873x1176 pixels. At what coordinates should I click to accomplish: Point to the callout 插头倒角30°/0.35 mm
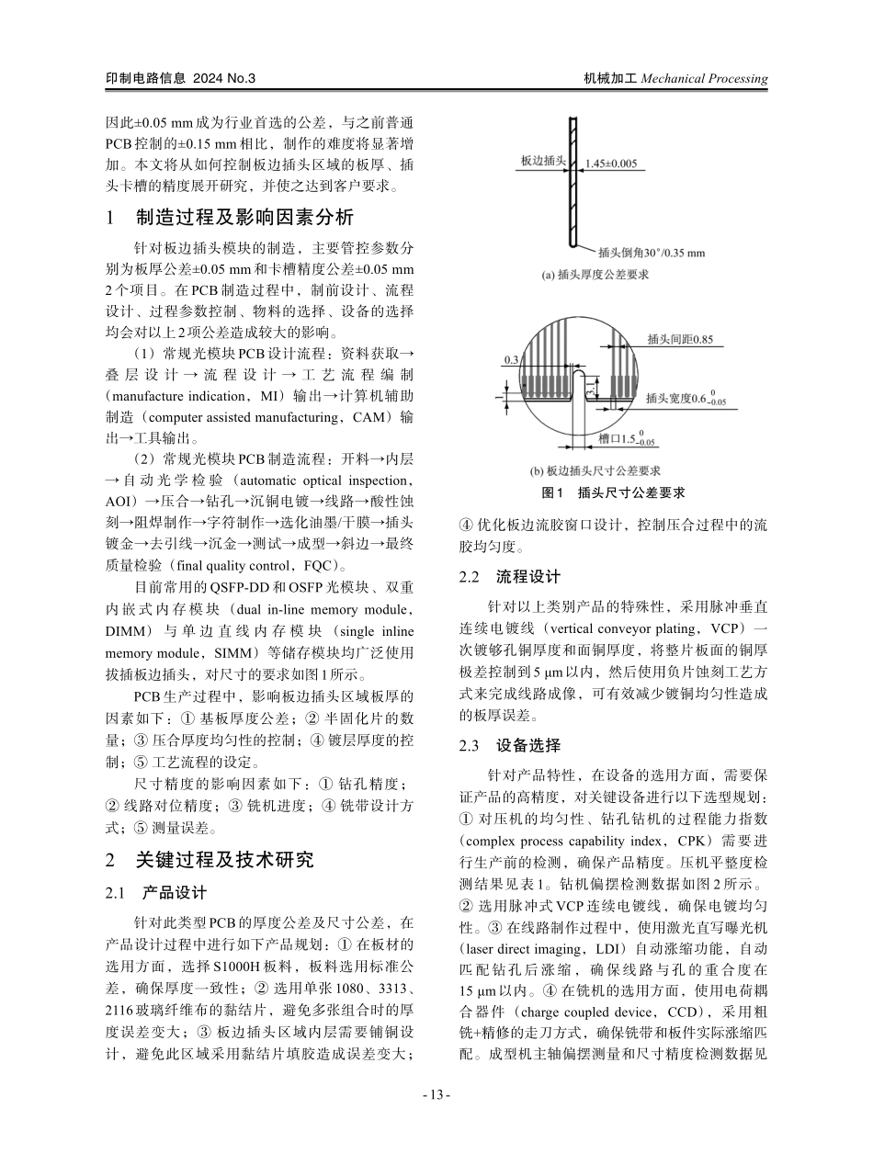(x=651, y=252)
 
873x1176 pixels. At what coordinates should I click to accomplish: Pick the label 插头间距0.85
(x=679, y=339)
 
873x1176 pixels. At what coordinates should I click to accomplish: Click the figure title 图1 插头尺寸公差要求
(x=613, y=493)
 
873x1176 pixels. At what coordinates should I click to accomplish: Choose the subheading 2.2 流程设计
(x=509, y=577)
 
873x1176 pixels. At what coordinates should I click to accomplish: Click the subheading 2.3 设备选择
(x=509, y=745)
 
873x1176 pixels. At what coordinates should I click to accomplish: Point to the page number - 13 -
(x=436, y=1094)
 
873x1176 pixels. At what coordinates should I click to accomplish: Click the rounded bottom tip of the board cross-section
(x=573, y=243)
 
